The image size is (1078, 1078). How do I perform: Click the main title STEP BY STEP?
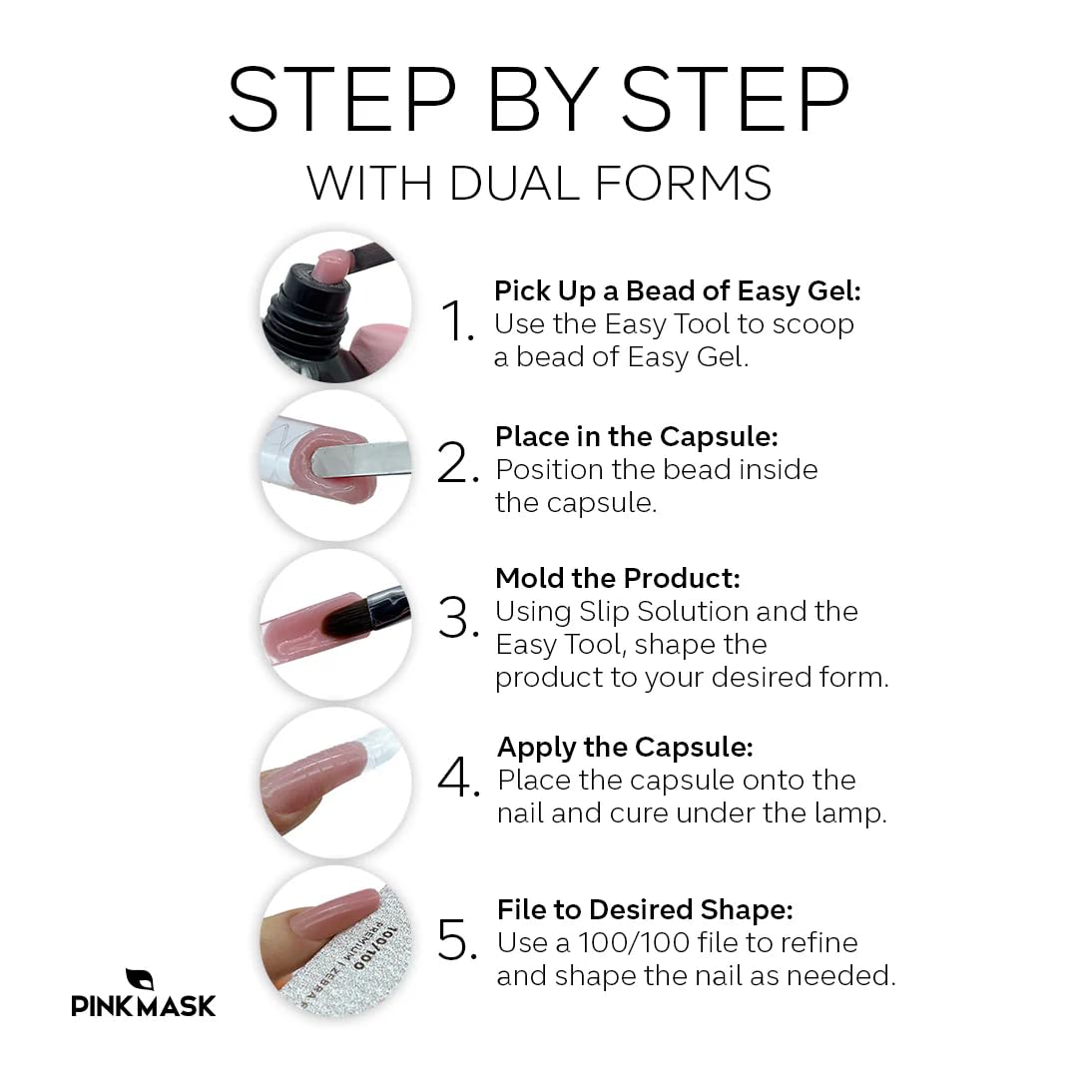539,100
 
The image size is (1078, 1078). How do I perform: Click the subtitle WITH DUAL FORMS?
539,184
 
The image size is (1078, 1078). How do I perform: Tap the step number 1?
457,322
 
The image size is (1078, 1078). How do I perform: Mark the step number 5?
459,941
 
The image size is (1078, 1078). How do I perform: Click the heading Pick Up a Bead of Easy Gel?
677,291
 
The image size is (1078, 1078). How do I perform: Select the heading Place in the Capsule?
636,437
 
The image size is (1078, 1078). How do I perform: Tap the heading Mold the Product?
618,578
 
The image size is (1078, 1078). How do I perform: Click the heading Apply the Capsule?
625,747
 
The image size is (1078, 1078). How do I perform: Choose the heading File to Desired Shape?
645,909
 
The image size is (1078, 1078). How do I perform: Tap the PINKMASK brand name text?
144,1005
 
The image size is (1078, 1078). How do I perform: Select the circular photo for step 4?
335,783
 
